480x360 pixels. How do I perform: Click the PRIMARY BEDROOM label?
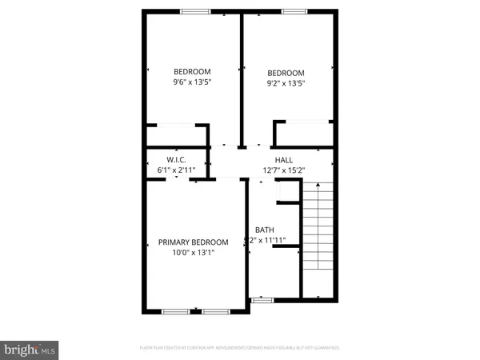point(193,242)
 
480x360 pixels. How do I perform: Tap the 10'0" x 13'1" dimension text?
point(193,252)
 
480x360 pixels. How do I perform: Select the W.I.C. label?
point(176,160)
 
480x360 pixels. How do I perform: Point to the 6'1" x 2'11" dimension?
point(176,170)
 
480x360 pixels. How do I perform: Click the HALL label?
point(284,160)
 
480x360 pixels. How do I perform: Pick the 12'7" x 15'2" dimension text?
point(284,170)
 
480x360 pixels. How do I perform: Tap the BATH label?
point(264,230)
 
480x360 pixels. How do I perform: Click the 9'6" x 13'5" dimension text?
point(193,82)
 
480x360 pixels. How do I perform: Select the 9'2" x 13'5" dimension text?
point(285,82)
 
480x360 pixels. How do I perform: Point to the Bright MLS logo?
point(30,350)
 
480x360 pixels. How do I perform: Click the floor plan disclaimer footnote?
point(240,347)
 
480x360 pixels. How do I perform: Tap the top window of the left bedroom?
point(195,11)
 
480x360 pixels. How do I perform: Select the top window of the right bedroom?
point(294,11)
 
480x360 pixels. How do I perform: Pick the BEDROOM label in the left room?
point(193,71)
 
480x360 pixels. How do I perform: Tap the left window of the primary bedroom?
point(175,310)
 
